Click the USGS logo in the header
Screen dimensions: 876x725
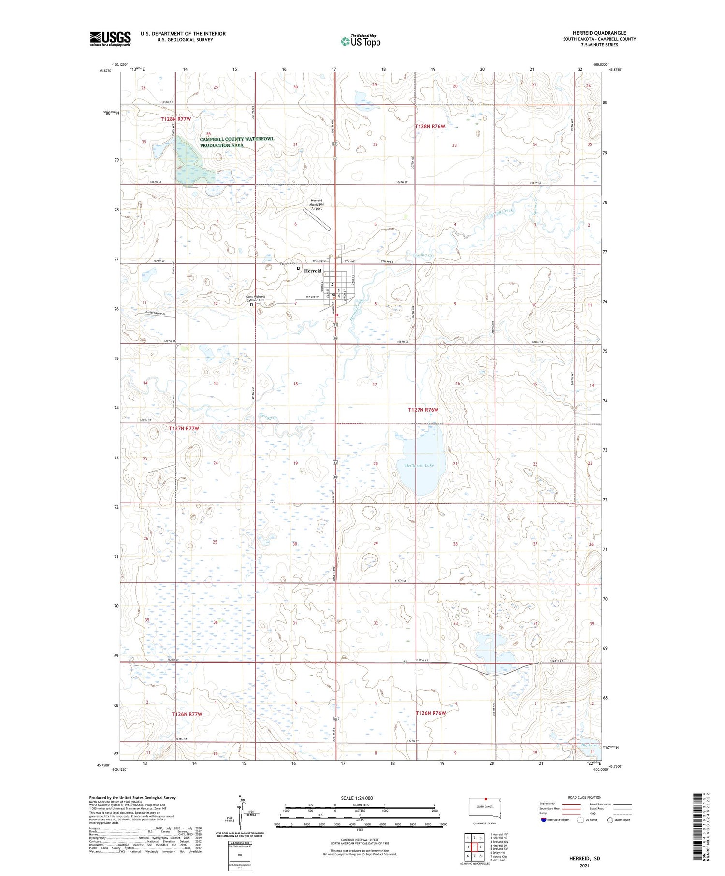[x=110, y=39]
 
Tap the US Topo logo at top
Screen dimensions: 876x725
[x=361, y=42]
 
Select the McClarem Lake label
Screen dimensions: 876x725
[x=419, y=465]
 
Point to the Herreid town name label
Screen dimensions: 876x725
[x=313, y=271]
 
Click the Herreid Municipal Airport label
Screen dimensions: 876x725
[x=316, y=204]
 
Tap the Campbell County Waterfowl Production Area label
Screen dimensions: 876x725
[x=236, y=142]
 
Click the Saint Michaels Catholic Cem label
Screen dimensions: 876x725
[x=255, y=298]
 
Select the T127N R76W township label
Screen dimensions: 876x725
[x=423, y=410]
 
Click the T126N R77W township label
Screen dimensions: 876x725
[x=187, y=713]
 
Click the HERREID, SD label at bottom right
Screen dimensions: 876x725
[x=584, y=858]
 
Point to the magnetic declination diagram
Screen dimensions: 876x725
[x=240, y=812]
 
